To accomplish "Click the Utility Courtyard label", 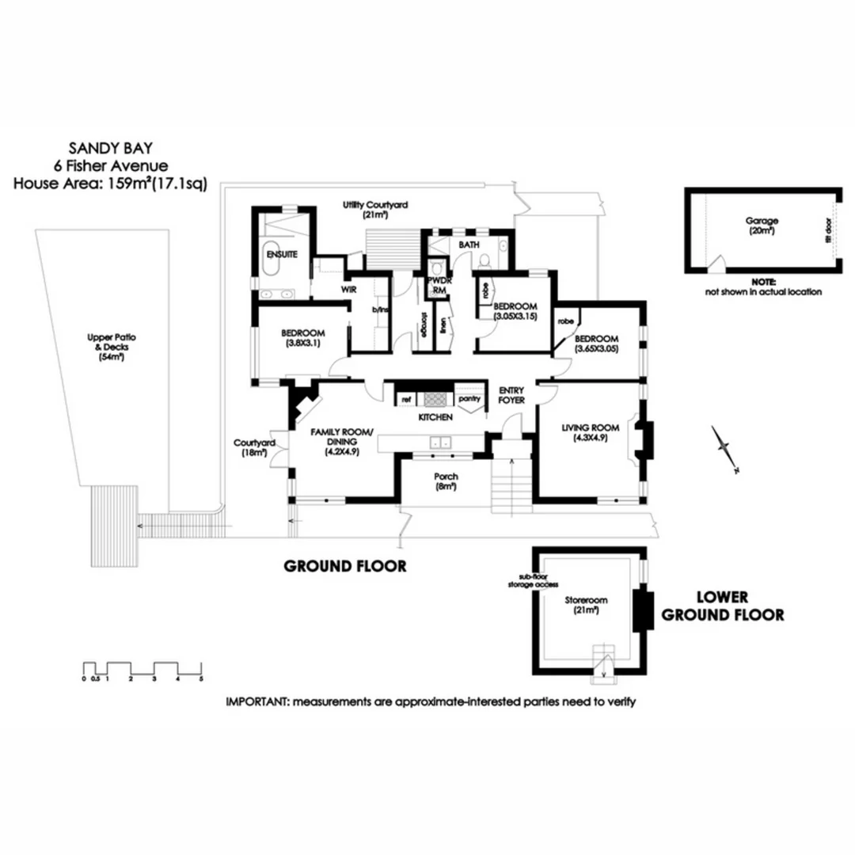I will pos(375,204).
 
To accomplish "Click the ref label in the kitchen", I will pos(406,400).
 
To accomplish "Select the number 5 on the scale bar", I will pos(201,678).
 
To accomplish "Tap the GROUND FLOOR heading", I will pos(345,566).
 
